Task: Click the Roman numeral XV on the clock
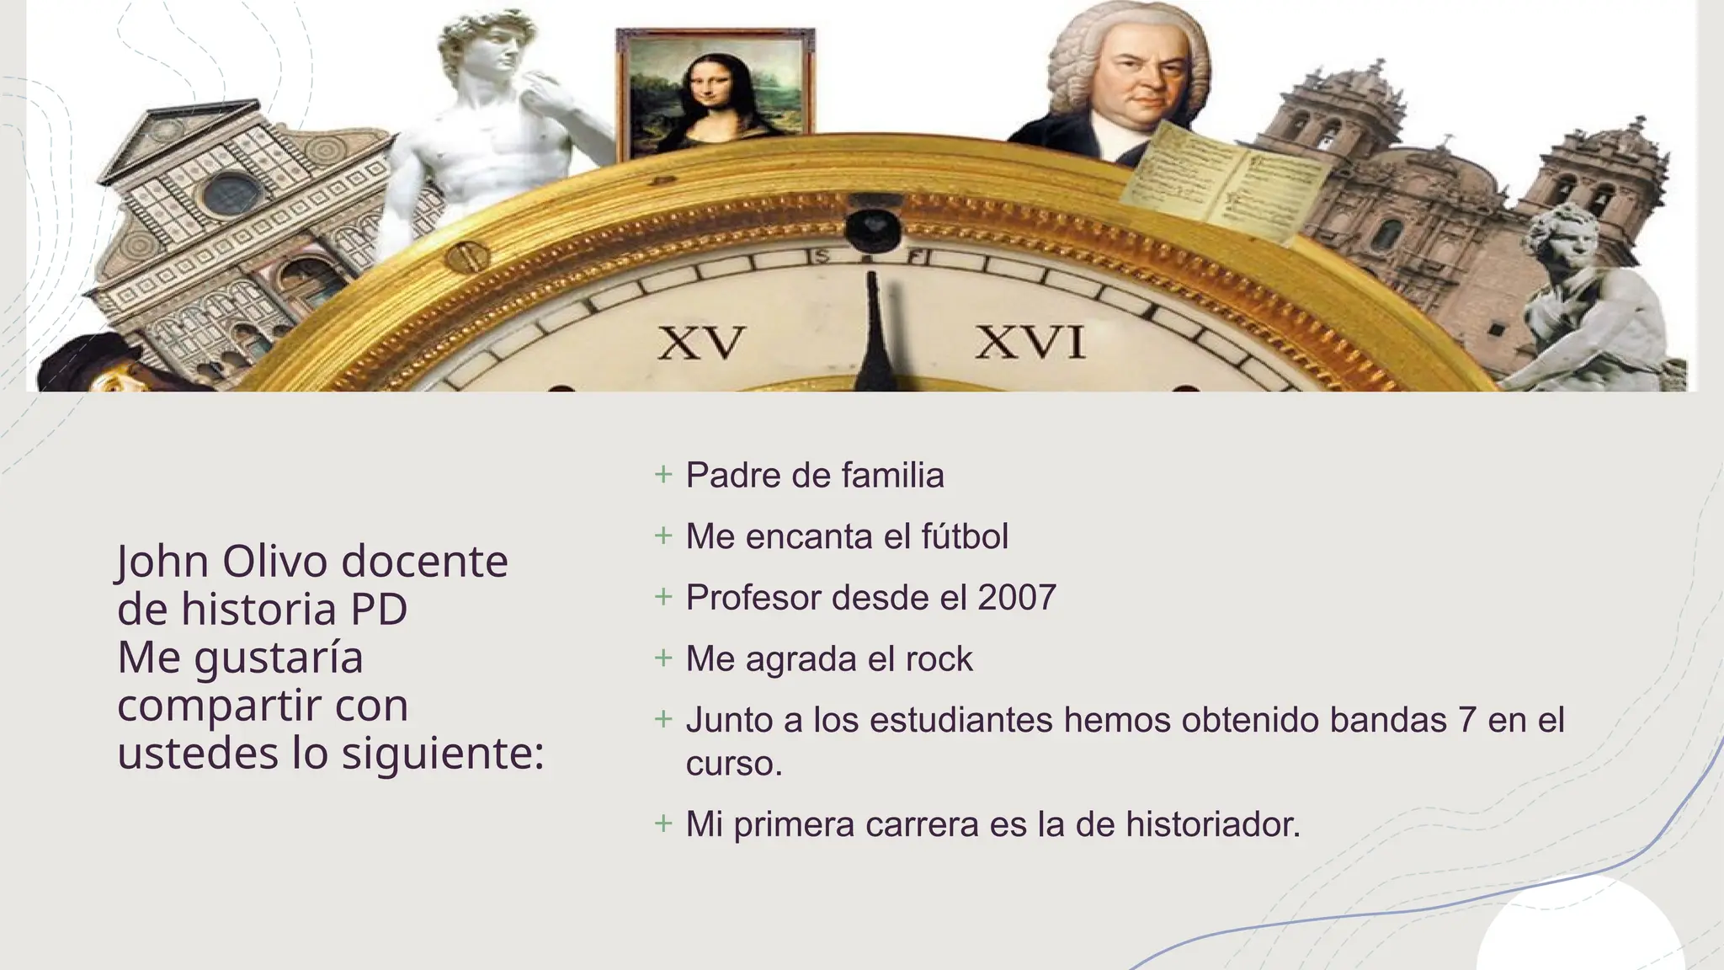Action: pyautogui.click(x=701, y=344)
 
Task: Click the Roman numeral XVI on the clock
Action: pyautogui.click(x=1030, y=344)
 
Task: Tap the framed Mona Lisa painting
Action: pyautogui.click(x=715, y=93)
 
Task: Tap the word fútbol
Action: pyautogui.click(x=965, y=536)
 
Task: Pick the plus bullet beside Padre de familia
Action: pyautogui.click(x=663, y=475)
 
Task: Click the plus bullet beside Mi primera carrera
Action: pyautogui.click(x=663, y=823)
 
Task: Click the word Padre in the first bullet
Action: pyautogui.click(x=732, y=476)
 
